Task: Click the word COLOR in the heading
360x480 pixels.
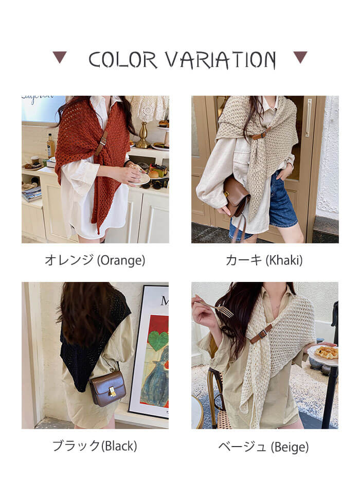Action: [123, 60]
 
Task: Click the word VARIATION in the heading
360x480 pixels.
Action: [221, 60]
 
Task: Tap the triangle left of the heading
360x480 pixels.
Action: [60, 57]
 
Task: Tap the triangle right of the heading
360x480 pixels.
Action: [300, 57]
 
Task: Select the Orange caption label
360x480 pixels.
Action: [95, 260]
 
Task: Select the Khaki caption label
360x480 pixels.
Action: [264, 260]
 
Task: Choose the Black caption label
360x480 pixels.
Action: [95, 446]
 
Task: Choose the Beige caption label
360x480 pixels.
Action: [263, 447]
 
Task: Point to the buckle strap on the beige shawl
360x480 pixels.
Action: [261, 334]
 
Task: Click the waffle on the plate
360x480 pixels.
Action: [327, 352]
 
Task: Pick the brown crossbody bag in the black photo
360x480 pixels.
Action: [108, 388]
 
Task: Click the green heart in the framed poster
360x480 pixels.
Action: [158, 340]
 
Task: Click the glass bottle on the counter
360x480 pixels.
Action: [50, 146]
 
